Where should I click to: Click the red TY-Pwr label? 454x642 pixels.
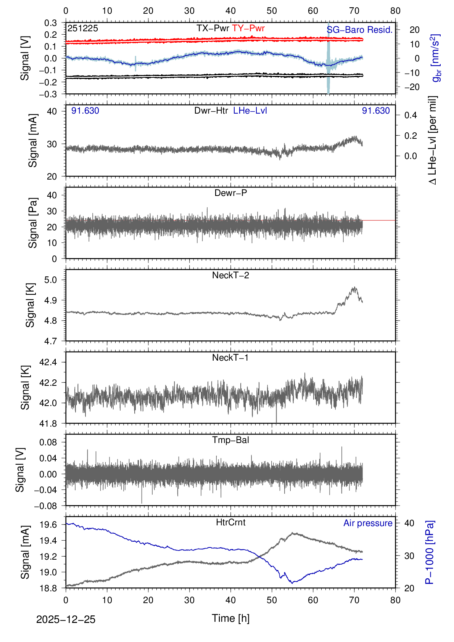pyautogui.click(x=248, y=28)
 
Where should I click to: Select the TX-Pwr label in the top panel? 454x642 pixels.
pyautogui.click(x=213, y=28)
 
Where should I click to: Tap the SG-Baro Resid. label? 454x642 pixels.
pyautogui.click(x=359, y=30)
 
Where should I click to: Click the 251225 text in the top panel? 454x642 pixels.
pyautogui.click(x=83, y=28)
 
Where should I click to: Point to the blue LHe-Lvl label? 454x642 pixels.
pyautogui.click(x=250, y=111)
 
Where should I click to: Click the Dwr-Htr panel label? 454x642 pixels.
pyautogui.click(x=211, y=111)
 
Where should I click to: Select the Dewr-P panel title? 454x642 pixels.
pyautogui.click(x=230, y=193)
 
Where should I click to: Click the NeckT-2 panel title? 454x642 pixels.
pyautogui.click(x=230, y=275)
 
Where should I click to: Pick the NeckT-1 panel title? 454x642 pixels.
pyautogui.click(x=230, y=358)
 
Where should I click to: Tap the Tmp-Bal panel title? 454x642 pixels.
pyautogui.click(x=230, y=440)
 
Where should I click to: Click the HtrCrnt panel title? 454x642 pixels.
pyautogui.click(x=230, y=522)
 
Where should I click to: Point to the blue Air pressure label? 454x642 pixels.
pyautogui.click(x=368, y=523)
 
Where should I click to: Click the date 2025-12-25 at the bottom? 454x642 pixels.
pyautogui.click(x=66, y=620)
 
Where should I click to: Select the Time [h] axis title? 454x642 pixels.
pyautogui.click(x=230, y=618)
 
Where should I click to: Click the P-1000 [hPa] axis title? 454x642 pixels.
pyautogui.click(x=430, y=552)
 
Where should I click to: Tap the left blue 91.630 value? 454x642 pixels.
pyautogui.click(x=85, y=111)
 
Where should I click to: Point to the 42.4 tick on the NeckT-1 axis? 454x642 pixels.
pyautogui.click(x=48, y=362)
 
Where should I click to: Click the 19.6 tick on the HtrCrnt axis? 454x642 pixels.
pyautogui.click(x=48, y=525)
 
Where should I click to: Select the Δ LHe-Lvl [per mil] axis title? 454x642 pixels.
pyautogui.click(x=433, y=140)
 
